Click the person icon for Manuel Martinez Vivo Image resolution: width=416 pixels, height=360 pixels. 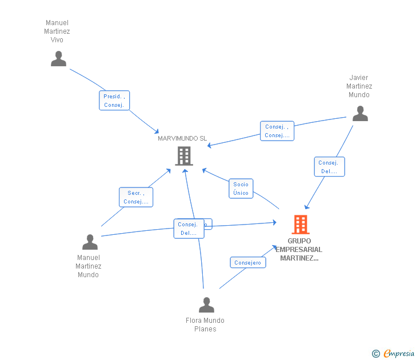pos(58,59)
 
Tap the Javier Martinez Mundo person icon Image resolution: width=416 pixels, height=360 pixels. pos(360,114)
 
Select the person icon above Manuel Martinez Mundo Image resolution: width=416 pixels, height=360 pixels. pos(90,242)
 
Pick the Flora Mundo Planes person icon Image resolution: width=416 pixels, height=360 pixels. pos(206,305)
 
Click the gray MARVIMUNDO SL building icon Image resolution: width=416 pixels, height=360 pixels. pos(183,156)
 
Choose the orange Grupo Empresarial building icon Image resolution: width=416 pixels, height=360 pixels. pos(301,225)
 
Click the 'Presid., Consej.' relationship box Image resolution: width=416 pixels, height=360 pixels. pos(114,101)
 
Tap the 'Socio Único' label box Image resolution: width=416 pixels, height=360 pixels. pos(241,189)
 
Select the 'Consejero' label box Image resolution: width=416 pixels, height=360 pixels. pos(248,263)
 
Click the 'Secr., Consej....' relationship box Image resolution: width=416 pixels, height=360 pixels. pos(136,197)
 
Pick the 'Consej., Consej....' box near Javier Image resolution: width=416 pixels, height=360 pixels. pos(277,131)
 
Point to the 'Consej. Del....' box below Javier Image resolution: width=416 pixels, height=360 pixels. pos(329,167)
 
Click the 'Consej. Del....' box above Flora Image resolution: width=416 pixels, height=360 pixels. pos(189,229)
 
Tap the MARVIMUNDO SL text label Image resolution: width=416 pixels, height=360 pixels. pos(182,138)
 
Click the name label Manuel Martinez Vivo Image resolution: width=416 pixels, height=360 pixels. pos(57,31)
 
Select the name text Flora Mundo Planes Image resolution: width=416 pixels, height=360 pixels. pos(205,325)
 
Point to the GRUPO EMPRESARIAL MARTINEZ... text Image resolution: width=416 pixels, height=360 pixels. pos(299,250)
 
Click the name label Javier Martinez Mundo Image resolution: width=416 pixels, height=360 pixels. pos(359,86)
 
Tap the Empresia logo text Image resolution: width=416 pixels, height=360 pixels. pos(399,354)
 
